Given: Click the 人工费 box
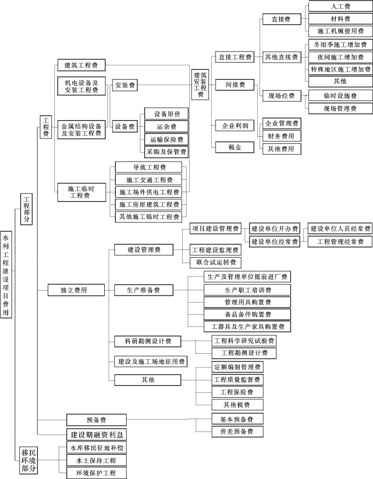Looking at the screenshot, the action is (341, 7).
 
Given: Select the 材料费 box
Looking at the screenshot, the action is (341, 19).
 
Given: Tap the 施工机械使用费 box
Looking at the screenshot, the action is (341, 31).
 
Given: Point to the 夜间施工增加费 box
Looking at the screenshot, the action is (341, 57).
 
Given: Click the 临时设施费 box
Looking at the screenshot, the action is (341, 96).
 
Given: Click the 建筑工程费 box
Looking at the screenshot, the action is (81, 65).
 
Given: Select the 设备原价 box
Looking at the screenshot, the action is (171, 114).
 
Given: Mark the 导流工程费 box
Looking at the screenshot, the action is (149, 167).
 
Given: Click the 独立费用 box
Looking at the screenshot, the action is (75, 289).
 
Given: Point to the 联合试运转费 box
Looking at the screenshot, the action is (214, 263).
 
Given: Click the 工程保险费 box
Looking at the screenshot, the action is (236, 392).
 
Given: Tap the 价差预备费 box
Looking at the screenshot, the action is (236, 432).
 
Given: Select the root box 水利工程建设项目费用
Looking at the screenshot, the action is (5, 274).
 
